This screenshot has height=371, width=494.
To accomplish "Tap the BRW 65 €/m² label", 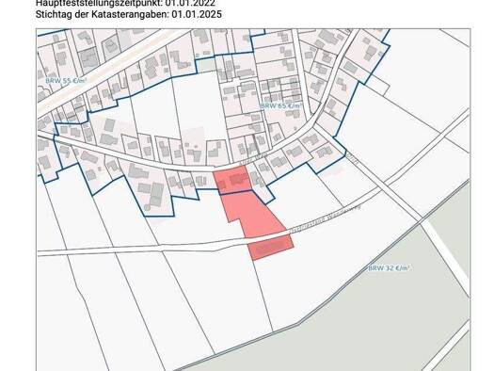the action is pyautogui.click(x=282, y=105).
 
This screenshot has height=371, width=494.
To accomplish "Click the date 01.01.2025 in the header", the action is pyautogui.click(x=203, y=15).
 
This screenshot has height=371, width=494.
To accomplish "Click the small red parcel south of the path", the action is pyautogui.click(x=271, y=246).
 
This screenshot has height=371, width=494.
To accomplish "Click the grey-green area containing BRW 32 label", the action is pyautogui.click(x=423, y=282).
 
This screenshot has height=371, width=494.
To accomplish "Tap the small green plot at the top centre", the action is pyautogui.click(x=206, y=66).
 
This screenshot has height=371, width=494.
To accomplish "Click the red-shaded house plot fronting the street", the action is pyautogui.click(x=232, y=180).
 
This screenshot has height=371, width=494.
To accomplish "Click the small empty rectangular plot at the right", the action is pyautogui.click(x=377, y=85).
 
